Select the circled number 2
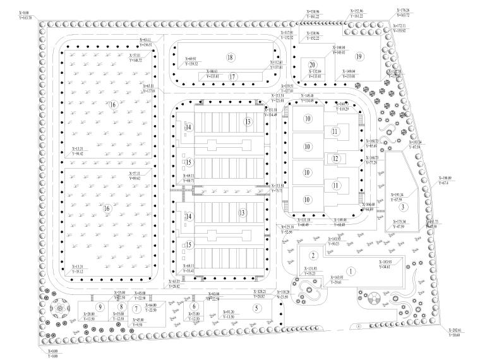(313, 256)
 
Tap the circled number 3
(403, 207)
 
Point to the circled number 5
(256, 308)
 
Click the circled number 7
(136, 309)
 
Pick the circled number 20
(312, 65)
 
